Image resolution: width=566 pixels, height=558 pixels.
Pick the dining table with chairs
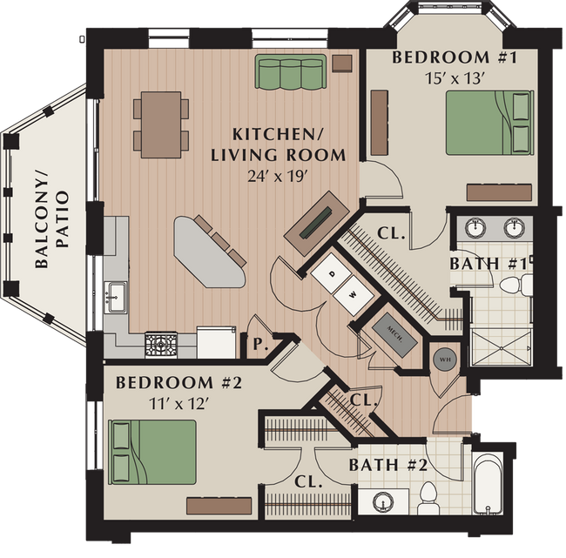point(161,124)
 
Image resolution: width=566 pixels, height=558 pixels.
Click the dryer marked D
point(330,272)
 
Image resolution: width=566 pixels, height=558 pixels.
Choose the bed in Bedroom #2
point(152,451)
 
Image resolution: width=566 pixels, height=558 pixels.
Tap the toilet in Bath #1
point(515,283)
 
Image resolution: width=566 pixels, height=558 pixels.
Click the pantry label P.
point(259,344)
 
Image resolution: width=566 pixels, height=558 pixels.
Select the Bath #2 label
point(387,466)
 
